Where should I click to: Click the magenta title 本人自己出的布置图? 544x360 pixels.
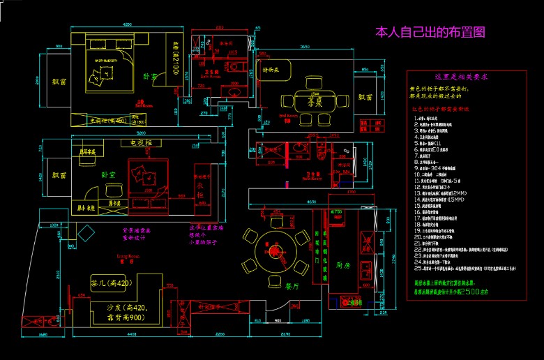(x=430, y=32)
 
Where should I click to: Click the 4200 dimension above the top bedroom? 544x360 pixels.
(x=128, y=25)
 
